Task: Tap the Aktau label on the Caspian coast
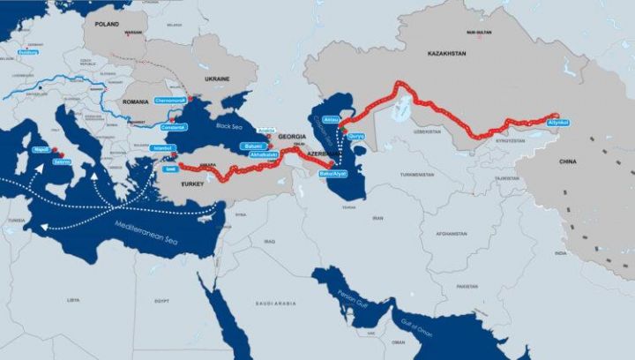coord(332,117)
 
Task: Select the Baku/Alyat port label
coord(332,173)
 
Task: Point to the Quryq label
coord(356,136)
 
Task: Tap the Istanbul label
coord(161,148)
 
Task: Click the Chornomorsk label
coord(171,101)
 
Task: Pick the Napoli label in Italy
coord(41,151)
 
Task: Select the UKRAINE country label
coord(217,79)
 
